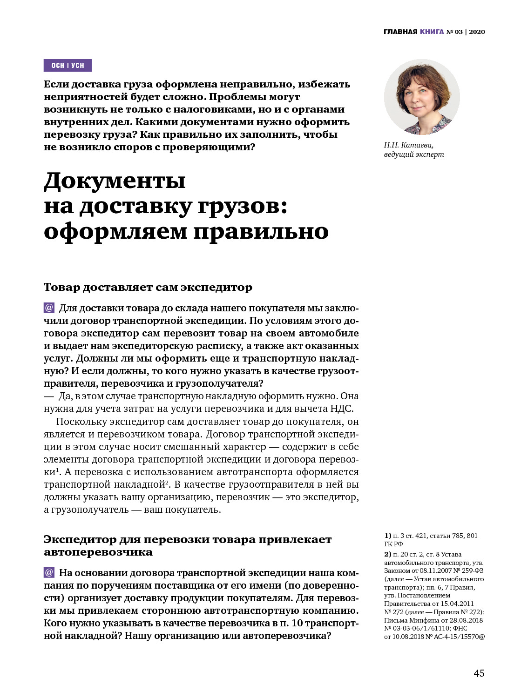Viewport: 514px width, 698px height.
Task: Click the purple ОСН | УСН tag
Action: pos(68,66)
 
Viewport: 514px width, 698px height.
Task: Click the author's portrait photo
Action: pos(422,97)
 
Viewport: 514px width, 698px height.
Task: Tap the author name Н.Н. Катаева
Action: pos(409,145)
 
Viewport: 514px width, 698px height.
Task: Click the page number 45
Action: pos(479,673)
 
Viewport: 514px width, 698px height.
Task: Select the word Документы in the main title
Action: pos(115,181)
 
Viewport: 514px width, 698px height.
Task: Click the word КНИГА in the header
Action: pos(432,32)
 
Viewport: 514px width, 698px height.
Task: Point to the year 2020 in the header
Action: pos(477,32)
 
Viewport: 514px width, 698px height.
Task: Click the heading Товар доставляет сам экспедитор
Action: pos(148,287)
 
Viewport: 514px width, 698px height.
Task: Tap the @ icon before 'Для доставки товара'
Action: pos(49,308)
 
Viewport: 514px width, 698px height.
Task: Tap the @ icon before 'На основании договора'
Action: pos(49,573)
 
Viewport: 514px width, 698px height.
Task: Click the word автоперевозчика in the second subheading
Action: pos(98,552)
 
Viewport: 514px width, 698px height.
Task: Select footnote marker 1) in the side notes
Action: pos(387,536)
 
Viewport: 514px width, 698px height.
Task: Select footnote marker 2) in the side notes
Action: pos(387,554)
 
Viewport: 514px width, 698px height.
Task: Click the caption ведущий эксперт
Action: pos(414,154)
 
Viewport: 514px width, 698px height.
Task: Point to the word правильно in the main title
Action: pos(261,231)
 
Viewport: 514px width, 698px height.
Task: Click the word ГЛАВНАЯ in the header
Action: pos(400,32)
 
